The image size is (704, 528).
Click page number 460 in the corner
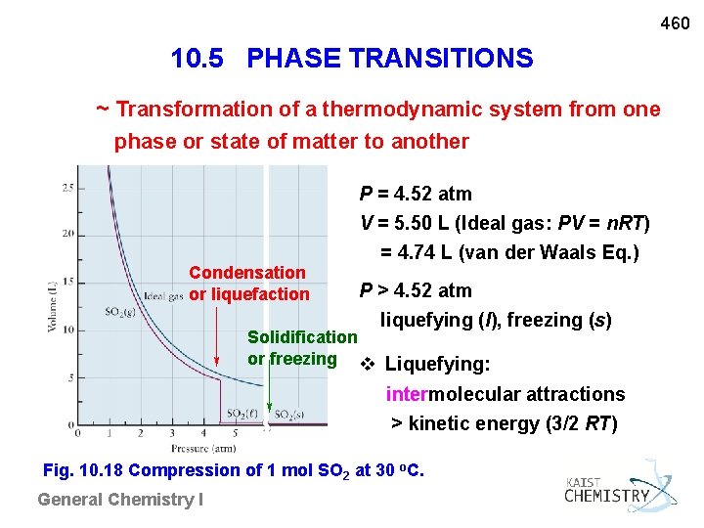pyautogui.click(x=675, y=22)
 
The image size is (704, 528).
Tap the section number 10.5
pyautogui.click(x=201, y=59)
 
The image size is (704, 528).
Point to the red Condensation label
pyautogui.click(x=246, y=273)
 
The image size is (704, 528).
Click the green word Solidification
pyautogui.click(x=302, y=337)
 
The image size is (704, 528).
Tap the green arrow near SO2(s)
pyautogui.click(x=270, y=396)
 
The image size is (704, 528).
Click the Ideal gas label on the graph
pyautogui.click(x=162, y=296)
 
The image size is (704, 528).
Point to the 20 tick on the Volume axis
pyautogui.click(x=67, y=235)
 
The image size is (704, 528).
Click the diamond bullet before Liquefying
pyautogui.click(x=369, y=366)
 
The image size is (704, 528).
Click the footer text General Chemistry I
pyautogui.click(x=120, y=500)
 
